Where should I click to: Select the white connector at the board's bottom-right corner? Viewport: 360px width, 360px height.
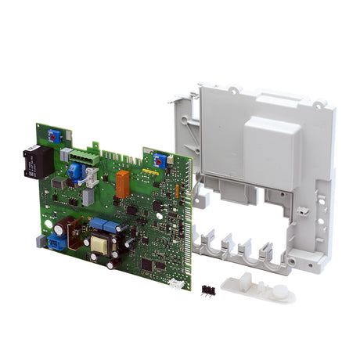[176, 283]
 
